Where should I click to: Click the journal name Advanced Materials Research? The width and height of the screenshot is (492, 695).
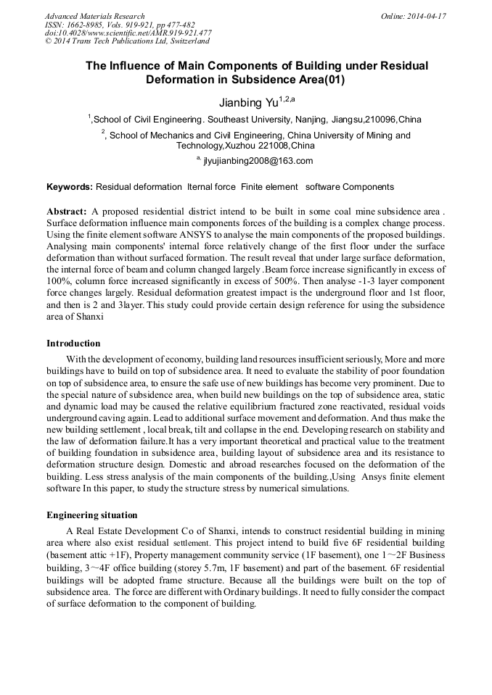[x=94, y=16]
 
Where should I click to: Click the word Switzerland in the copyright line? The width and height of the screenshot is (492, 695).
[x=183, y=41]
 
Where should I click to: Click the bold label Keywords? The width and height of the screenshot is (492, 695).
[x=70, y=187]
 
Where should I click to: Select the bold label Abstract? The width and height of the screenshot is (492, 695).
[x=67, y=211]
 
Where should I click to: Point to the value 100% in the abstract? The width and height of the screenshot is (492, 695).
[x=61, y=280]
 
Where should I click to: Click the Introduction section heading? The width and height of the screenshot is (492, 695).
[x=73, y=343]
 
